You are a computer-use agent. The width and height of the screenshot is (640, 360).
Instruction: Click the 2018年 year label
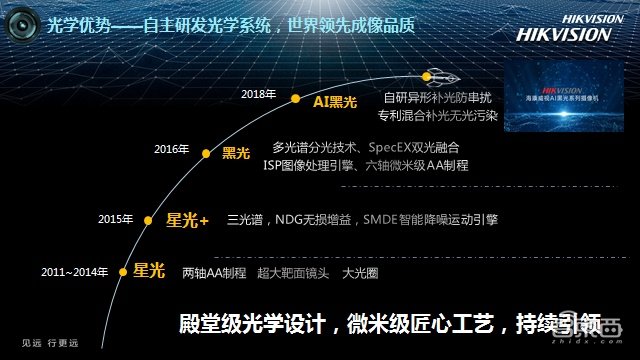(258, 93)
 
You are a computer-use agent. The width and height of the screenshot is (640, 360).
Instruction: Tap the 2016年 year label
(171, 149)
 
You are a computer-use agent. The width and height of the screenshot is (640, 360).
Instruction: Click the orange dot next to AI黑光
(296, 99)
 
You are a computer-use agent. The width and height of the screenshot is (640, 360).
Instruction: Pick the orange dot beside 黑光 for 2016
(207, 154)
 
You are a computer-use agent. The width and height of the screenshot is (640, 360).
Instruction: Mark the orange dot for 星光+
(148, 220)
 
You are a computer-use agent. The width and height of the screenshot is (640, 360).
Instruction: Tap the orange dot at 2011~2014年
(121, 270)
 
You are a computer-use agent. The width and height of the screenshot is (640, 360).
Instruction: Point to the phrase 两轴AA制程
(214, 272)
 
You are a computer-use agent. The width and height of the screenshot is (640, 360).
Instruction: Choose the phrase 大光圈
(362, 272)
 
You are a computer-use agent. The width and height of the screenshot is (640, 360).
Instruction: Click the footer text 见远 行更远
(49, 344)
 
